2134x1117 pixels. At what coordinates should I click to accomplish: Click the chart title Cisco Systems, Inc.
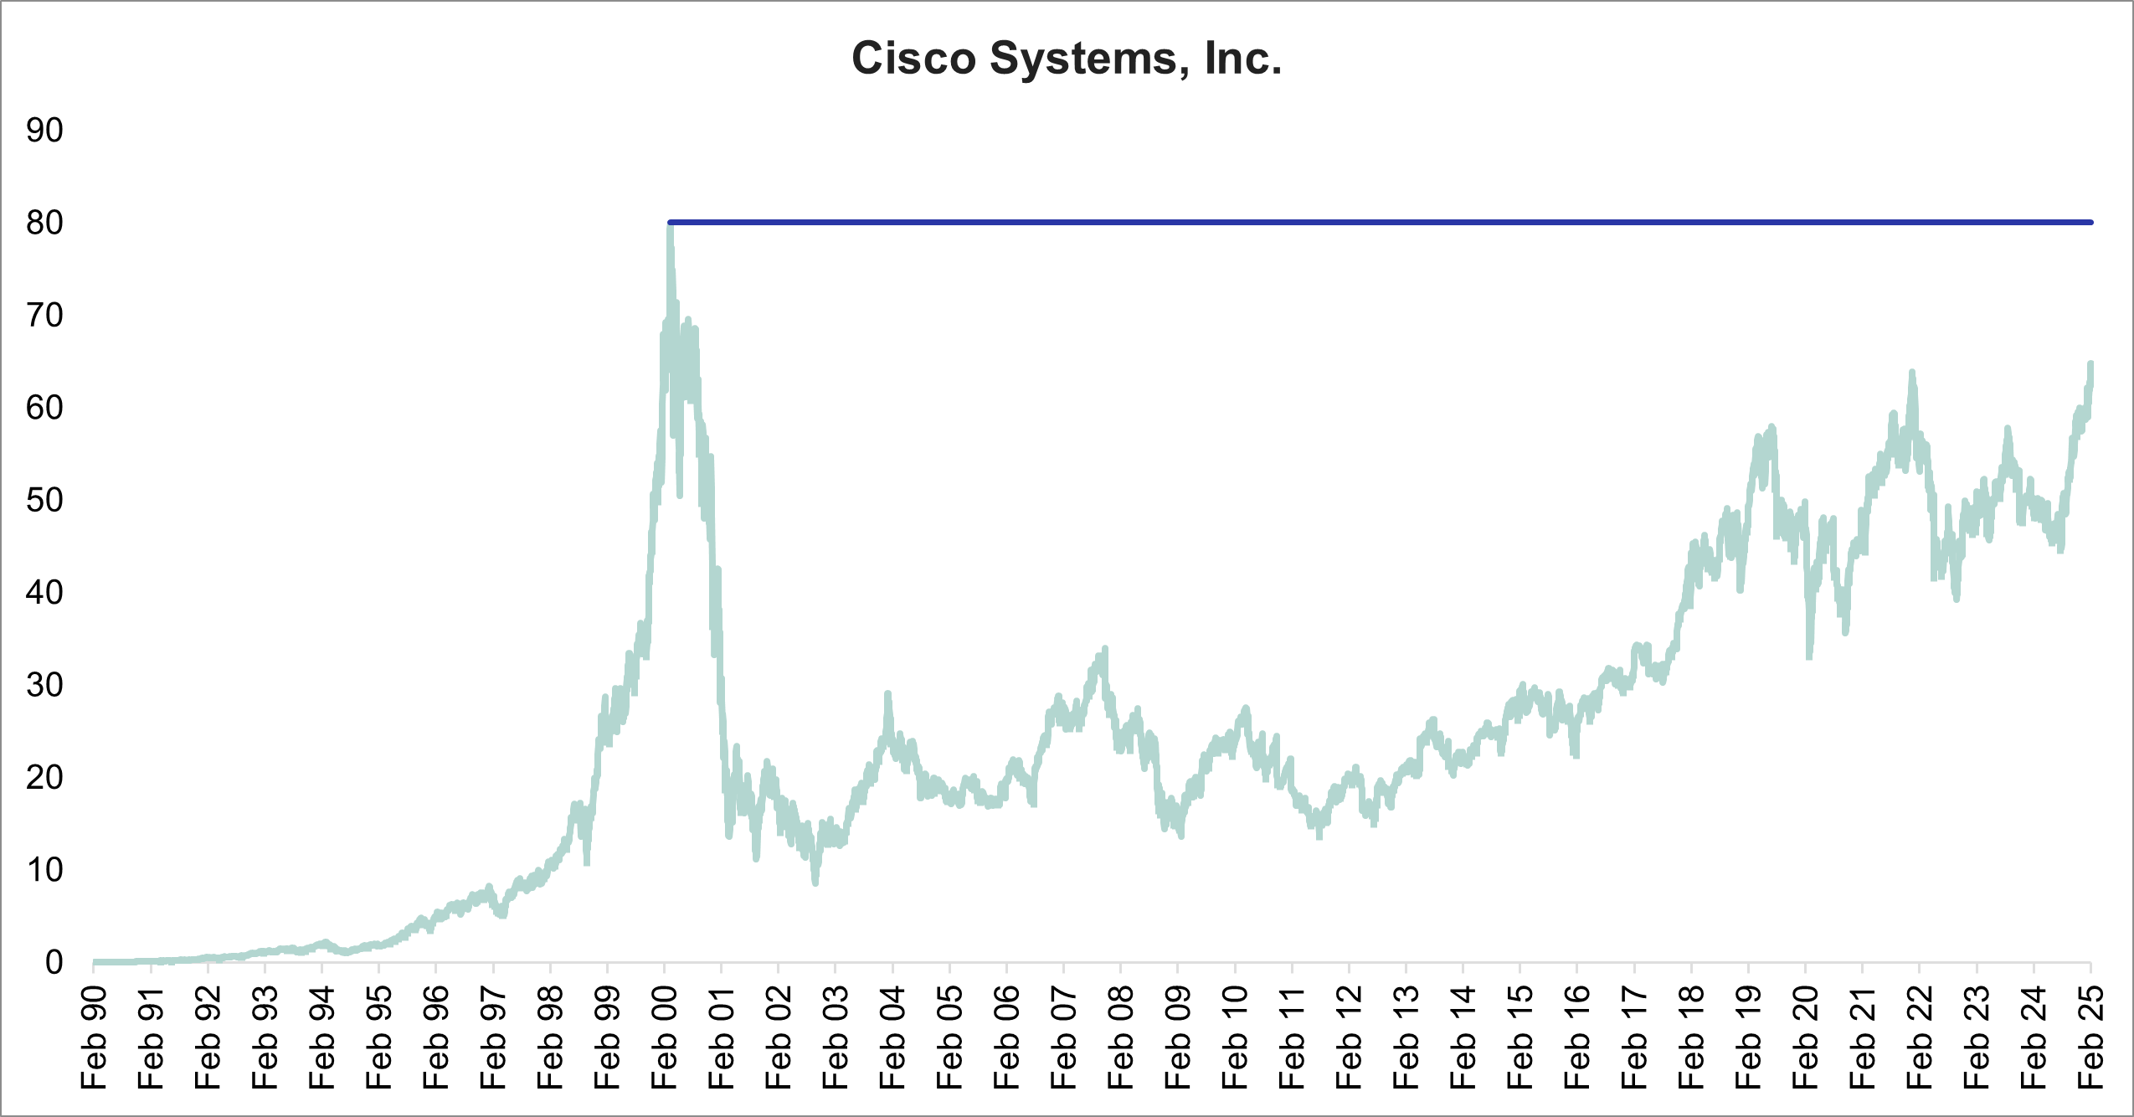(1067, 59)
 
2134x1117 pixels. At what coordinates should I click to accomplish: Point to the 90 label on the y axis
(44, 131)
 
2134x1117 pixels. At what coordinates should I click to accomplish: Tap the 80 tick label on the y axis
(44, 223)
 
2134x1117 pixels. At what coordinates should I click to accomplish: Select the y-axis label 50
(44, 500)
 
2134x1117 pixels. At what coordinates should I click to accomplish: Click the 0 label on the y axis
(54, 962)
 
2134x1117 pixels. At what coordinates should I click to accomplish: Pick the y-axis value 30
(44, 685)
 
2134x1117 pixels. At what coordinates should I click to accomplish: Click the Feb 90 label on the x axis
(94, 1037)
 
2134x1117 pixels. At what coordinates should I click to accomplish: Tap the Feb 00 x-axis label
(665, 1037)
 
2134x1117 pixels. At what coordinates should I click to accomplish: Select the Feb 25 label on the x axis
(2090, 1037)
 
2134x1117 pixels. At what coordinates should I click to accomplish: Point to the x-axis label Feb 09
(1178, 1037)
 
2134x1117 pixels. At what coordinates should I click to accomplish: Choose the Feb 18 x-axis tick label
(1691, 1037)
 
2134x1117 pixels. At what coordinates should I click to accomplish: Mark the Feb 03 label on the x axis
(836, 1037)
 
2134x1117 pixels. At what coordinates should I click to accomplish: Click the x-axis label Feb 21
(1863, 1037)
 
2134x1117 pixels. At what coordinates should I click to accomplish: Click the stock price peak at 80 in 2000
(670, 224)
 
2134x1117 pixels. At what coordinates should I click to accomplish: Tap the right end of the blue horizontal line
(2090, 223)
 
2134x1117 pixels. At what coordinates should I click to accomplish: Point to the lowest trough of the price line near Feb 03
(815, 882)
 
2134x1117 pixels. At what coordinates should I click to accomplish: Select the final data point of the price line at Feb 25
(2090, 364)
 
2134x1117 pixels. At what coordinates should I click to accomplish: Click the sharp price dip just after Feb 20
(1809, 656)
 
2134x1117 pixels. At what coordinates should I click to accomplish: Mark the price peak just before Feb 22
(1911, 373)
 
